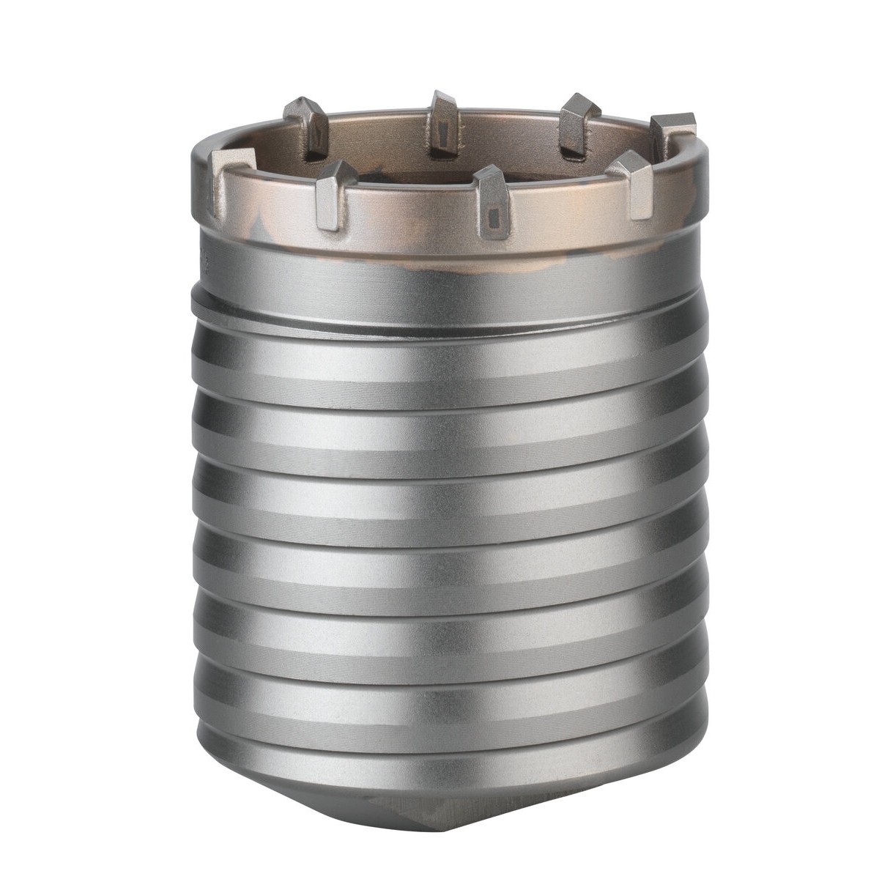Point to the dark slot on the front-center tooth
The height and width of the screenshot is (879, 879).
pos(492,216)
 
